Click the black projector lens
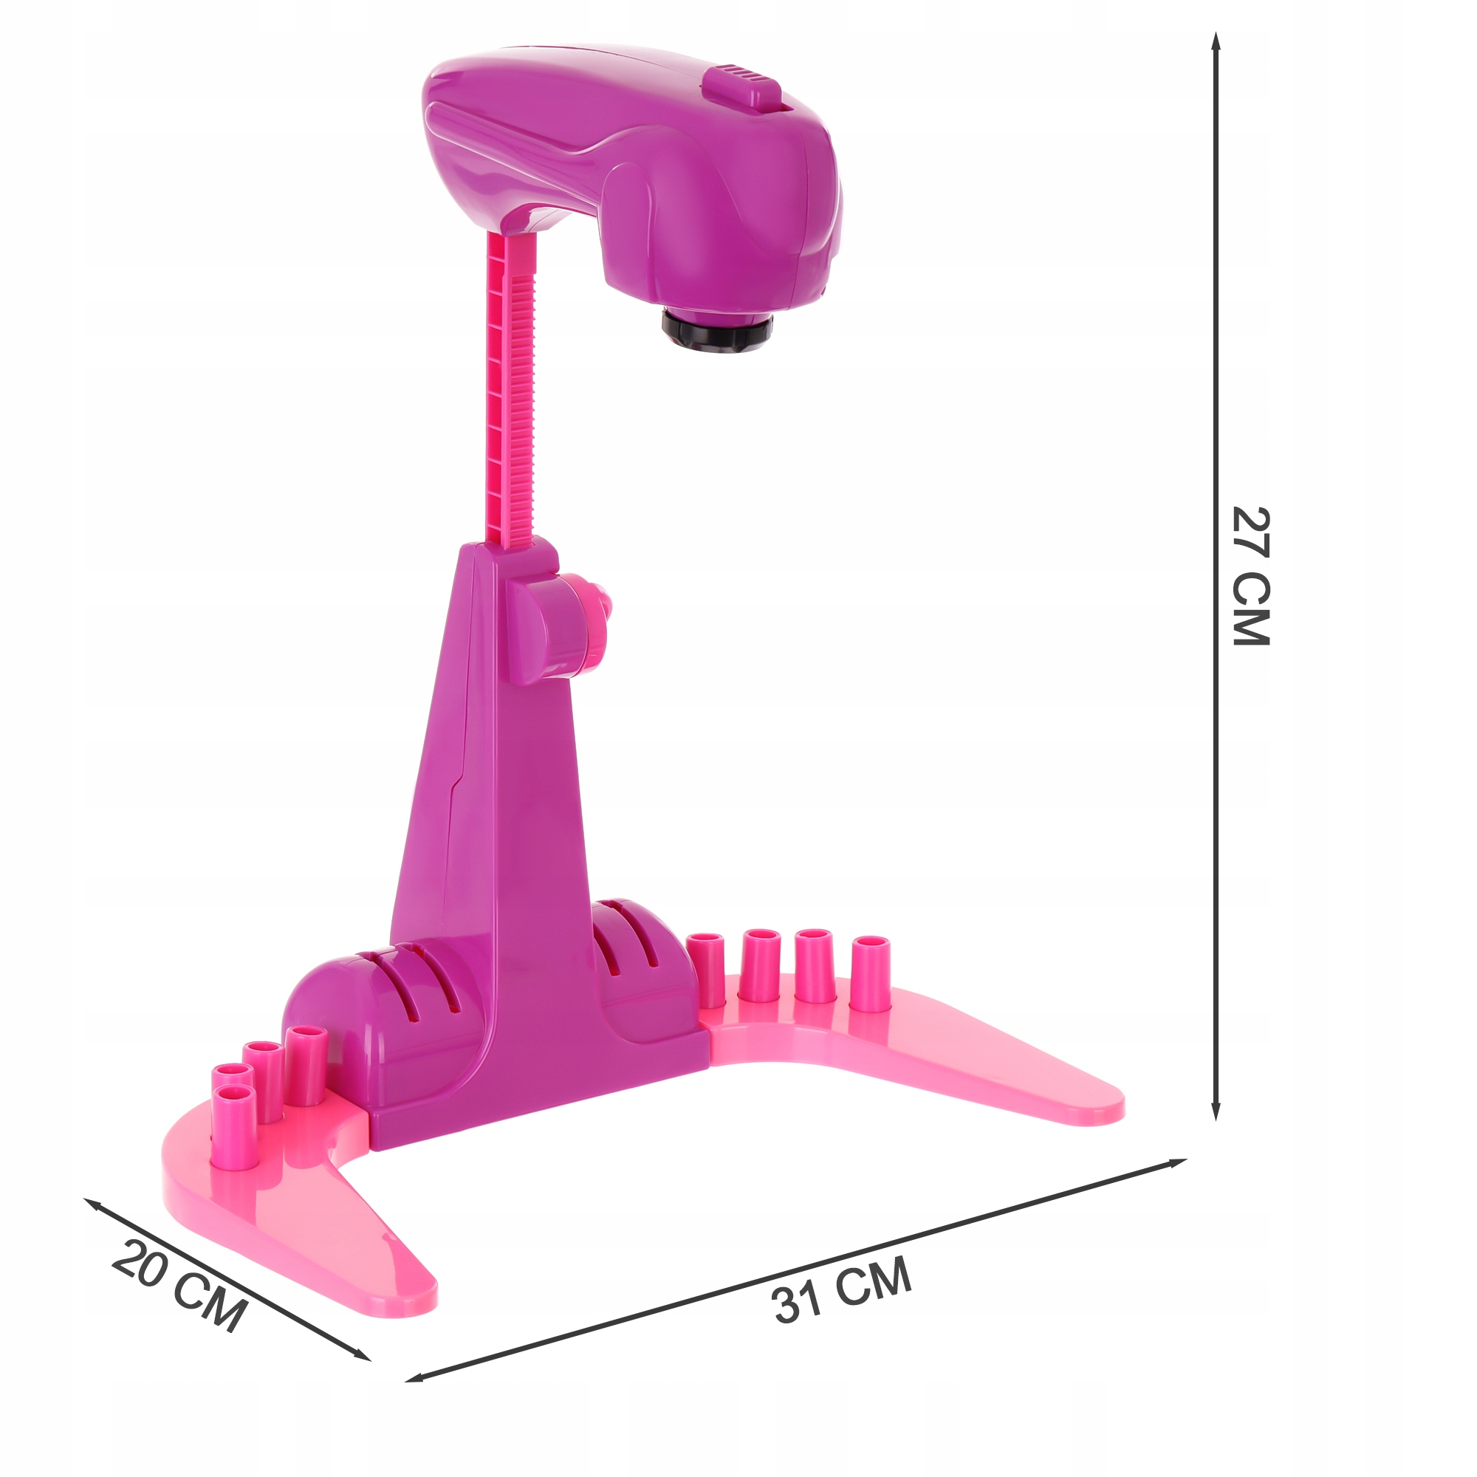pyautogui.click(x=717, y=333)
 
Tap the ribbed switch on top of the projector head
pyautogui.click(x=741, y=89)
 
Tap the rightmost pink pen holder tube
pyautogui.click(x=871, y=973)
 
